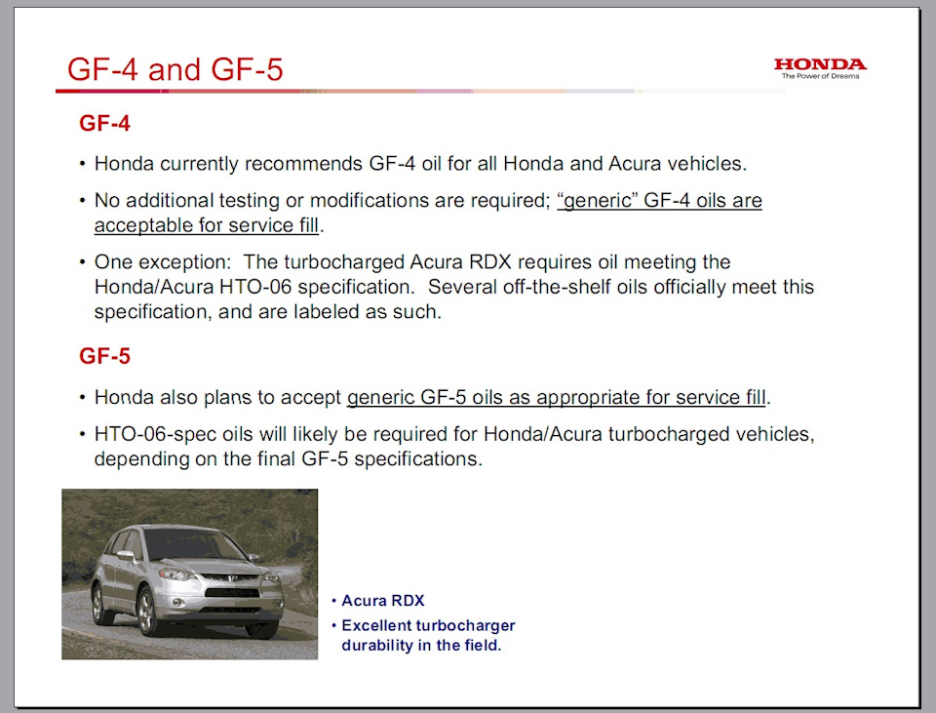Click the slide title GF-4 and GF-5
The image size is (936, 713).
pyautogui.click(x=175, y=69)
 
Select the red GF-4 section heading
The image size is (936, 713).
pyautogui.click(x=104, y=123)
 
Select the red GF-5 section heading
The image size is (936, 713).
pyautogui.click(x=104, y=356)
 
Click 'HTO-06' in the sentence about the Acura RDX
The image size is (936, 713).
pyautogui.click(x=255, y=287)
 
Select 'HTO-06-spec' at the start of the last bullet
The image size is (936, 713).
pyautogui.click(x=155, y=434)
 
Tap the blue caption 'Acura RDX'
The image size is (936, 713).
pyautogui.click(x=382, y=600)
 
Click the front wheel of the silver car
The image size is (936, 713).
pyautogui.click(x=147, y=613)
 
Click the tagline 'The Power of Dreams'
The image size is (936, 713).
pyautogui.click(x=821, y=76)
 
